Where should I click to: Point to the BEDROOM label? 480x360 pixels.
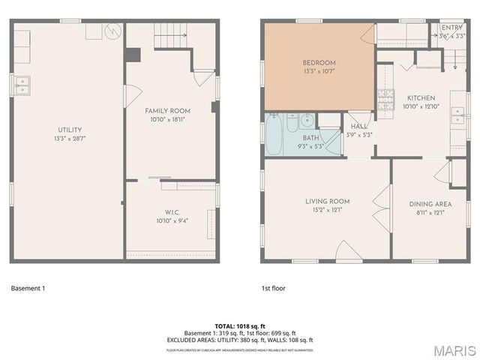pyautogui.click(x=319, y=63)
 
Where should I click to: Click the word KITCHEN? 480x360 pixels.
pyautogui.click(x=421, y=98)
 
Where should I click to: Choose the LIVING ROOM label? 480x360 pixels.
pyautogui.click(x=327, y=201)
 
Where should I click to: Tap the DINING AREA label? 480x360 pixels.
pyautogui.click(x=430, y=204)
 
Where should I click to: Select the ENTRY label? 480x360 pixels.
pyautogui.click(x=452, y=28)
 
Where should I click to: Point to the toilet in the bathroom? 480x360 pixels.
pyautogui.click(x=307, y=120)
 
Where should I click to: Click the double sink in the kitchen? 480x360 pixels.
pyautogui.click(x=458, y=115)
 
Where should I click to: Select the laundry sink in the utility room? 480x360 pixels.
pyautogui.click(x=21, y=85)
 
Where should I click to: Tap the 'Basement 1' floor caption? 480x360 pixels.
pyautogui.click(x=28, y=288)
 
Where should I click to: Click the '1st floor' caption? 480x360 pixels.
pyautogui.click(x=273, y=288)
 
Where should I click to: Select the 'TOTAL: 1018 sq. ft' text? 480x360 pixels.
pyautogui.click(x=239, y=326)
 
